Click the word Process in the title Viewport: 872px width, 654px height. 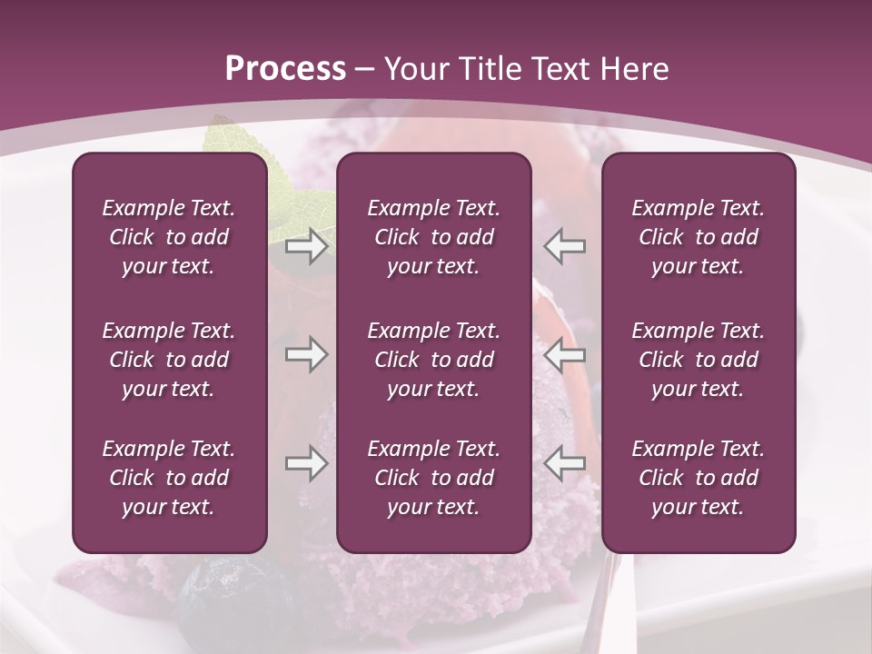(x=285, y=69)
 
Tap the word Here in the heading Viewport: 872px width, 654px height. (x=631, y=69)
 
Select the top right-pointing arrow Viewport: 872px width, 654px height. (x=306, y=246)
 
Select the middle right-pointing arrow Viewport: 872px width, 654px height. (x=306, y=354)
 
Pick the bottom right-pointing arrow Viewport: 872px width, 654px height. (x=306, y=463)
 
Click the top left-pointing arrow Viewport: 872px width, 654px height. (x=564, y=246)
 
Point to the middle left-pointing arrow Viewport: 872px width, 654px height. (x=564, y=354)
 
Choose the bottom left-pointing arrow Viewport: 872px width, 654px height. (x=564, y=463)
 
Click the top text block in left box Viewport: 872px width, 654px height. (x=169, y=237)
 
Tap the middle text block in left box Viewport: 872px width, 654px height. (x=169, y=360)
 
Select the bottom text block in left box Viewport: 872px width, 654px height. (x=169, y=478)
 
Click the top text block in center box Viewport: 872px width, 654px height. (x=433, y=237)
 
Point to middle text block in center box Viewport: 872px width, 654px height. (x=433, y=360)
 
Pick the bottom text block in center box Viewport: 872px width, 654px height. (x=433, y=478)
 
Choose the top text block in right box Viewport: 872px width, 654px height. (x=698, y=237)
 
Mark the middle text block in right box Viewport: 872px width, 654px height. (x=698, y=360)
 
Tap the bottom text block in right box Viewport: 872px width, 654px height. (x=698, y=478)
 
